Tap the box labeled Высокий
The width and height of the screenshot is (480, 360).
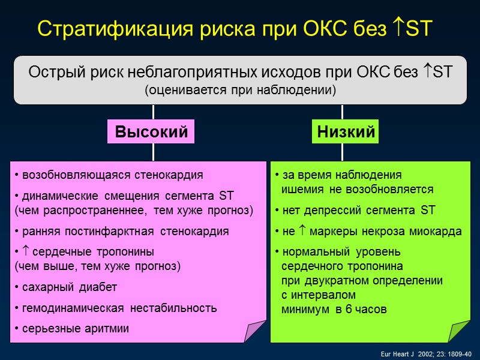click(x=151, y=131)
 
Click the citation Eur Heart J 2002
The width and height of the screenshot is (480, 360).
click(x=426, y=353)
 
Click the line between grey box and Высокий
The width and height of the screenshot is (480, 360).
click(x=153, y=112)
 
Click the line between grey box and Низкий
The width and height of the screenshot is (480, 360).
click(x=342, y=112)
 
